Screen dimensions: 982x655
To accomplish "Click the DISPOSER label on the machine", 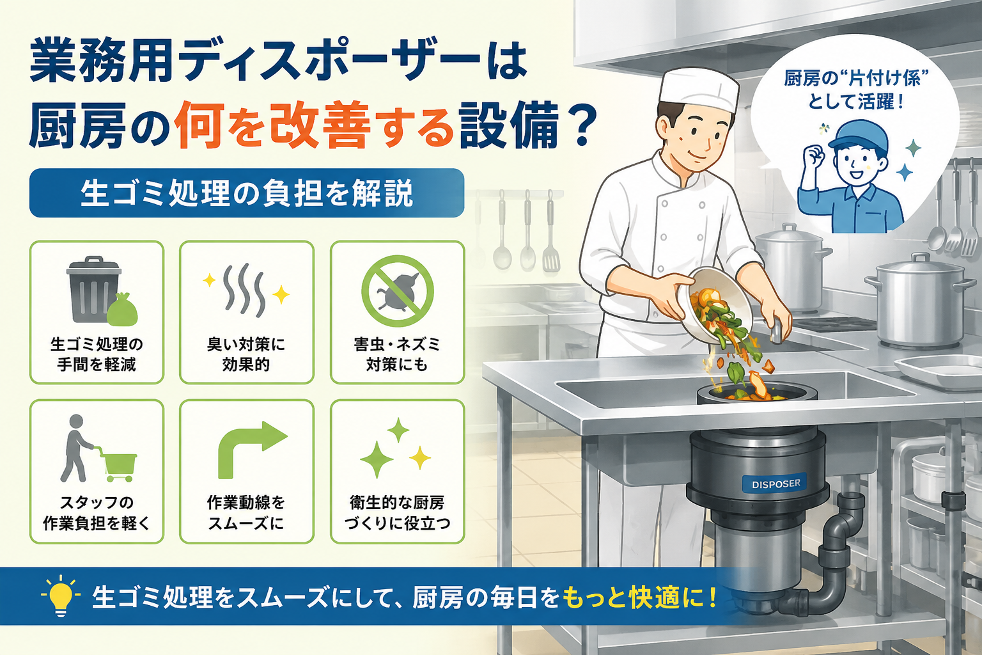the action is tap(776, 484).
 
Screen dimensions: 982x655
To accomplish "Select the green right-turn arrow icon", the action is tap(253, 450).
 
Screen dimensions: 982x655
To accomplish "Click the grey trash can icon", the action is tap(94, 289).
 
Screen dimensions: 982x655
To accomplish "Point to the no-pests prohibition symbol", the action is tap(398, 291).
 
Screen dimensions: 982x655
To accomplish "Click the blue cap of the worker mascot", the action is tap(858, 136).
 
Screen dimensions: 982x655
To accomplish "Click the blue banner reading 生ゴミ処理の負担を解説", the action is tap(247, 193).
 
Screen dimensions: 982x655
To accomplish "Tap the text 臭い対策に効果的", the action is tap(246, 354).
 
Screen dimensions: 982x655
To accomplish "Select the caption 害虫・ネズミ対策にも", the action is tap(397, 354).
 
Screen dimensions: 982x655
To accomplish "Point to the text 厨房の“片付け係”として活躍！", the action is tap(856, 90).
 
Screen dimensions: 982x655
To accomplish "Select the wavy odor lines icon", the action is tap(245, 290).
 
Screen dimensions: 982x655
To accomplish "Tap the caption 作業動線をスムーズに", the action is tap(246, 513).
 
